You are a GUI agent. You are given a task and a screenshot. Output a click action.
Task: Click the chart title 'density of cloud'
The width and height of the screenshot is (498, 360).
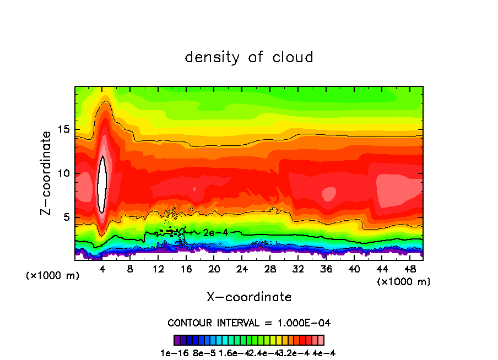click(x=249, y=57)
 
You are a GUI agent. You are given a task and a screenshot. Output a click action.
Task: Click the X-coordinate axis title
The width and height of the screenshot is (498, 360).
click(x=249, y=297)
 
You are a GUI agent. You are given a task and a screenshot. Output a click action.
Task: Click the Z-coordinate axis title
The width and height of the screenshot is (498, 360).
click(x=46, y=173)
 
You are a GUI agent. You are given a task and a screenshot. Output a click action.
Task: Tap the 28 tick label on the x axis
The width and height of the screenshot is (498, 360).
click(x=270, y=269)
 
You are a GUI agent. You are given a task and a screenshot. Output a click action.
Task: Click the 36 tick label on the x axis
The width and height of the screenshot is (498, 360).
click(x=326, y=269)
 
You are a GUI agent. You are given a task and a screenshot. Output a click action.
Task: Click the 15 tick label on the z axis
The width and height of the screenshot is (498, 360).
click(x=63, y=129)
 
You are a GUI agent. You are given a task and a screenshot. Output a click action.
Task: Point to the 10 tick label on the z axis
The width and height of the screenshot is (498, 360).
click(x=63, y=173)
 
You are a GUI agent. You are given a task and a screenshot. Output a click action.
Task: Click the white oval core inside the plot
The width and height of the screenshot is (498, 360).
click(x=102, y=184)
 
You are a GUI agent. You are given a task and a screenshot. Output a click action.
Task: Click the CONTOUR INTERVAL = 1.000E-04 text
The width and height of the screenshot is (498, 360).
click(x=249, y=323)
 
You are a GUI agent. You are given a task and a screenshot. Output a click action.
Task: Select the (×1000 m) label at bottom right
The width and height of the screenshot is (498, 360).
click(x=404, y=282)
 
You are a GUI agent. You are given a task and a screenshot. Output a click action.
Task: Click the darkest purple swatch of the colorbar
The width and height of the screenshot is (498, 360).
click(x=177, y=340)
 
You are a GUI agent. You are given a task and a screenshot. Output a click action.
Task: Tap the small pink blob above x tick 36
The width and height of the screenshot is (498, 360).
click(x=329, y=193)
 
